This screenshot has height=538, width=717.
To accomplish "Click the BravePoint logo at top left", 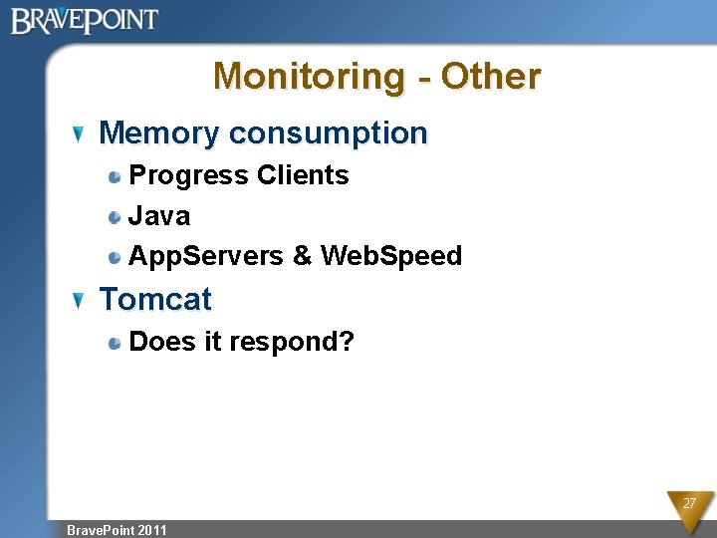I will tap(85, 20).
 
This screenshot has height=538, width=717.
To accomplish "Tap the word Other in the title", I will tap(491, 76).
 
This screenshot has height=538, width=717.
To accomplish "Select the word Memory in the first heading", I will tap(158, 133).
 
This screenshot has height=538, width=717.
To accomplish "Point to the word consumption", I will tap(328, 133).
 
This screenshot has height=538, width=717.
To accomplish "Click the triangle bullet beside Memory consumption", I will tap(81, 134).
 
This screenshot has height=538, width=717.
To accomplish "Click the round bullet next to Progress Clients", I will tap(117, 176).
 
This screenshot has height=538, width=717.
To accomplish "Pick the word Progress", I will tap(189, 175).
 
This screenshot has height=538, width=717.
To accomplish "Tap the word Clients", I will tap(303, 175).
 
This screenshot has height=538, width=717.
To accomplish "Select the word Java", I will tap(159, 215).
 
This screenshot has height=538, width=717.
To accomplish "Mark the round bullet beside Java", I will tap(117, 216).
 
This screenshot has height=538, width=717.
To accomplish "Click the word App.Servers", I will tap(207, 256).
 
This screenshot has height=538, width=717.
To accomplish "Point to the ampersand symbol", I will tap(302, 256).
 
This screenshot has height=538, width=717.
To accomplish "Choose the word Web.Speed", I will tap(391, 256).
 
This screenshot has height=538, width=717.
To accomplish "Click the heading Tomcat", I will tap(155, 299).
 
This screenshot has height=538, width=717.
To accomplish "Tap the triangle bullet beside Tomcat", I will tap(81, 300).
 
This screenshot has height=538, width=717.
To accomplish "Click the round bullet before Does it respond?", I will tap(117, 343).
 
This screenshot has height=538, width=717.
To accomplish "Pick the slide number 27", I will tap(688, 504).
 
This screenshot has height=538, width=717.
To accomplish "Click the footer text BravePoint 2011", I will tap(117, 530).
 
